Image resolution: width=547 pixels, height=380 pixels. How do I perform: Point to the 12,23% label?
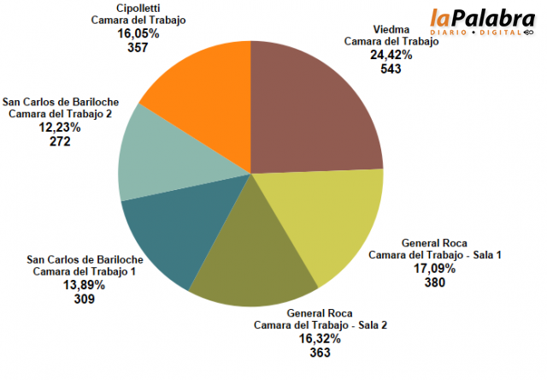click(60, 128)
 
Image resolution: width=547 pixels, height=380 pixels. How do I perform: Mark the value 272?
click(60, 141)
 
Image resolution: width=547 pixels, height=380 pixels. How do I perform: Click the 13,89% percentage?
click(84, 286)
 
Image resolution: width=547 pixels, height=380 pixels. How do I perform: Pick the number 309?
click(84, 300)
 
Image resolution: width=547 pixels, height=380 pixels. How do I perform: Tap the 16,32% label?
click(320, 339)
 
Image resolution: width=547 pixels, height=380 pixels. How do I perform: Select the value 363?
click(320, 353)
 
